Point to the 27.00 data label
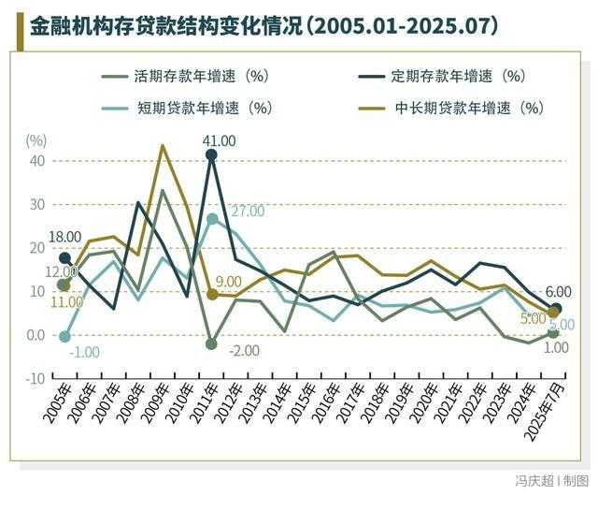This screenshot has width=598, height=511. coord(248,212)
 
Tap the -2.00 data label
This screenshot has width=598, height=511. coord(242,351)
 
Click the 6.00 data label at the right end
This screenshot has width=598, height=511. coord(557,292)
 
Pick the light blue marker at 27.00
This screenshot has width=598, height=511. coord(212,219)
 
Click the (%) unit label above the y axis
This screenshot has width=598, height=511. coord(35,140)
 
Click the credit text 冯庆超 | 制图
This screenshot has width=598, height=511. coord(551,481)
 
